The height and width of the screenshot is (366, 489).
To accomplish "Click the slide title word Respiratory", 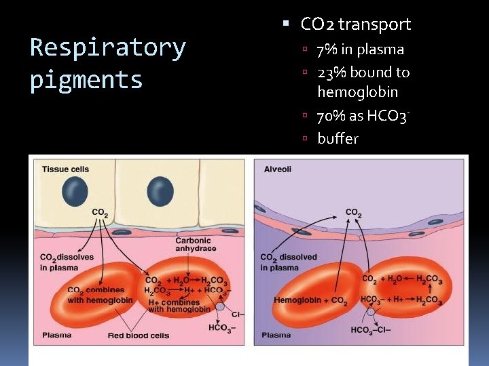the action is pos(108,48).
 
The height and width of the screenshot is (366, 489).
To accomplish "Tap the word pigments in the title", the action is pos(86,80).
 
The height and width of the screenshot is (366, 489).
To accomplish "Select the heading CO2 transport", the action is pos(355,24).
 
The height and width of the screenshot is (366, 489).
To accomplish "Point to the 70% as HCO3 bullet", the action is pos(364,117).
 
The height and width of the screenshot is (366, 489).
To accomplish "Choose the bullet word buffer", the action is pos(338,138).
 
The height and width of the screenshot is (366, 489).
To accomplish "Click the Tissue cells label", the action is pos(66,169).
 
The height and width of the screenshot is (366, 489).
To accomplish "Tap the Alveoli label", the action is pos(278,169).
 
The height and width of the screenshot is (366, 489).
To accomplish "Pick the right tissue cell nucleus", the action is pos(160,191).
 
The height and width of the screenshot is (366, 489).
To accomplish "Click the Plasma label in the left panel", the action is pos(57,334).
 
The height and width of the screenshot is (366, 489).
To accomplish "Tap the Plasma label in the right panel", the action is pos(276,335).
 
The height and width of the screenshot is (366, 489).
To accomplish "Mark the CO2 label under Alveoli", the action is pos(354,213).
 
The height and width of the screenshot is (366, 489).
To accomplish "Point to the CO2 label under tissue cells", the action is pos(99,213).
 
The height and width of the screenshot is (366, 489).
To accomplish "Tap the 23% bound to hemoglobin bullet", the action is pos(363,81).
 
